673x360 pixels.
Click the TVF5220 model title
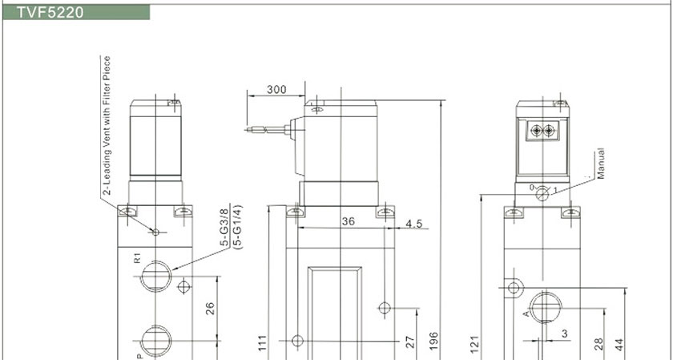tap(50, 13)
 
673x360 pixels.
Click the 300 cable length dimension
tap(276, 90)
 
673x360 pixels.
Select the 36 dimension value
tap(348, 221)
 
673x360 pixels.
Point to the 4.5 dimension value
tap(413, 224)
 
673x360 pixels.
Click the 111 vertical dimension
tap(263, 343)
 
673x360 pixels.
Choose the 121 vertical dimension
tap(474, 344)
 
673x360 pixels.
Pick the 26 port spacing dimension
tap(210, 309)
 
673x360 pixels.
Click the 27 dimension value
tap(410, 342)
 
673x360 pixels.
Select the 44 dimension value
tap(619, 344)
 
